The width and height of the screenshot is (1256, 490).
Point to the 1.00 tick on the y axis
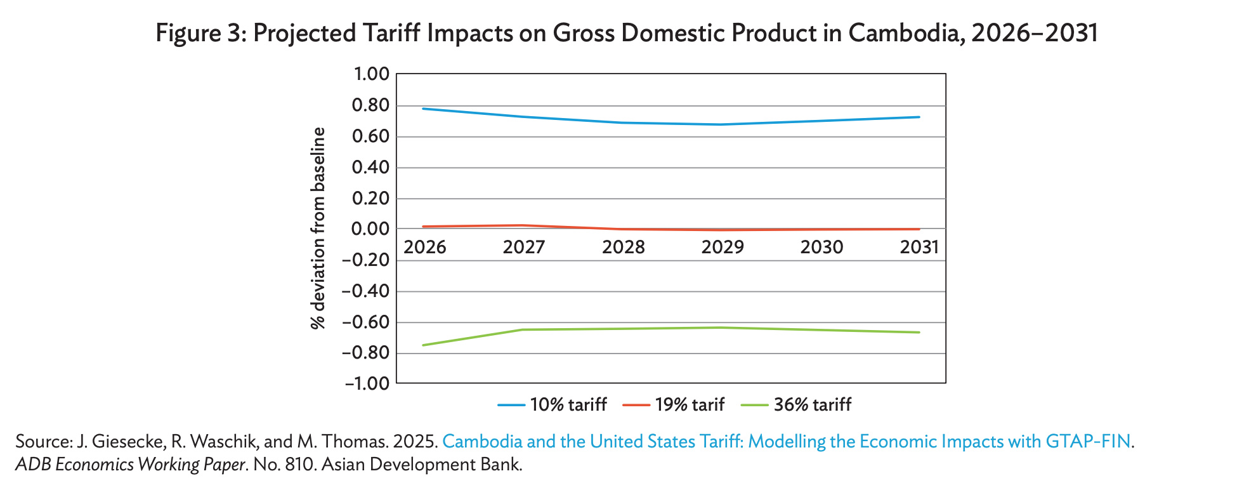coord(370,74)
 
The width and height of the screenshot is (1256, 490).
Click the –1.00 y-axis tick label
coord(366,383)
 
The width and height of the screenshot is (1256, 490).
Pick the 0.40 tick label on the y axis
coord(370,168)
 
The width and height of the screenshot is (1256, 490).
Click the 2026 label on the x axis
coord(424,248)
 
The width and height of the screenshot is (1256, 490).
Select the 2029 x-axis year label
coord(722,248)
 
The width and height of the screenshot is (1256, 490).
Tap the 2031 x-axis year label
coord(919,248)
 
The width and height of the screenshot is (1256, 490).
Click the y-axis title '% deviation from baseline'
coord(318,228)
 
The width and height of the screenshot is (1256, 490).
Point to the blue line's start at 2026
coord(423,109)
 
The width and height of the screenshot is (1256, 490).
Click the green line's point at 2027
coord(523,329)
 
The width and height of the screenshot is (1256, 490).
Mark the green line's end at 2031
coord(919,332)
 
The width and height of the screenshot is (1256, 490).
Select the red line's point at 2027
coord(523,225)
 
